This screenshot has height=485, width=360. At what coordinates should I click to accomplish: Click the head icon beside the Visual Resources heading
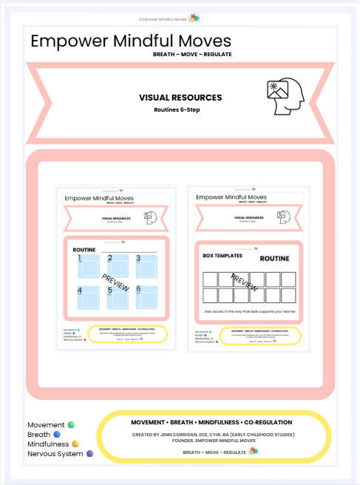point(285,97)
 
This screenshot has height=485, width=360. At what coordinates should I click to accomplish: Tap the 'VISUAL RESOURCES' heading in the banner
point(180,97)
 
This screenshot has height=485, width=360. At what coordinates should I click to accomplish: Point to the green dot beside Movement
point(71,424)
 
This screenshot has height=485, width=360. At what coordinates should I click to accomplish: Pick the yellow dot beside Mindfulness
point(75,444)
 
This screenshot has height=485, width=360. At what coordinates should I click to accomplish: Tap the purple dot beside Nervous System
point(90,453)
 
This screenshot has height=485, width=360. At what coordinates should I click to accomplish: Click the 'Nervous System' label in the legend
point(55,453)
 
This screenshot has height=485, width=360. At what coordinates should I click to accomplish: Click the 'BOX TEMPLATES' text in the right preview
point(223,255)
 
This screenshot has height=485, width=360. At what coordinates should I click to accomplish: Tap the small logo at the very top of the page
point(193,18)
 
